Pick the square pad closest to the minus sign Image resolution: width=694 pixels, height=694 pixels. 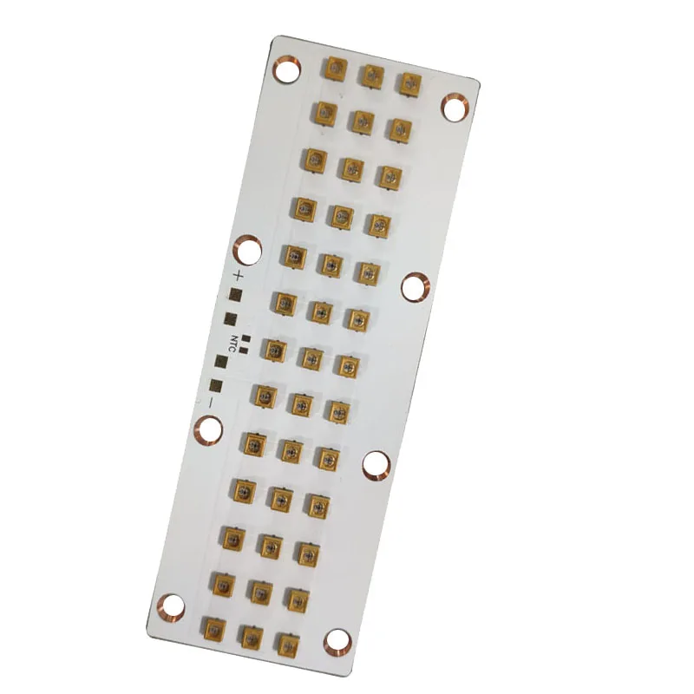(x=216, y=386)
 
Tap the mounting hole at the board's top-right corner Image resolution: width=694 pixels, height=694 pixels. (x=454, y=107)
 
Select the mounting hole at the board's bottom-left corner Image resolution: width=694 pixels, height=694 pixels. (x=170, y=605)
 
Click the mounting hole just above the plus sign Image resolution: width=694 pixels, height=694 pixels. (x=249, y=250)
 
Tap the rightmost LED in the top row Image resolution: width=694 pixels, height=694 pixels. (x=409, y=82)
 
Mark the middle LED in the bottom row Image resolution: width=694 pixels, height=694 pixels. (x=250, y=636)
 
